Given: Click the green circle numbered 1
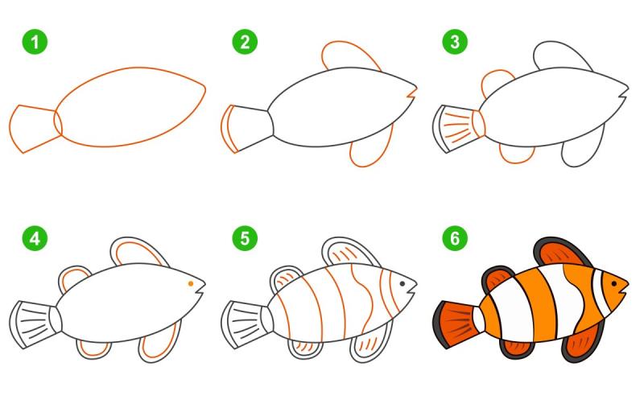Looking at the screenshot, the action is pyautogui.click(x=35, y=42).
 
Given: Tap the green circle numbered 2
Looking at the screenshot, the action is pyautogui.click(x=245, y=42).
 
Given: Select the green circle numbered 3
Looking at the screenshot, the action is pyautogui.click(x=455, y=42).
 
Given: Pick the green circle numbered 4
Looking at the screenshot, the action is pyautogui.click(x=35, y=238).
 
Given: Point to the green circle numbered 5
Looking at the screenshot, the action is pyautogui.click(x=245, y=238).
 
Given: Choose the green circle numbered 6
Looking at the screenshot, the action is pyautogui.click(x=455, y=238).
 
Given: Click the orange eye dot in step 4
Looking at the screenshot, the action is pyautogui.click(x=191, y=283).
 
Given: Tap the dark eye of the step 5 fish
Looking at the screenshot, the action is pyautogui.click(x=402, y=283).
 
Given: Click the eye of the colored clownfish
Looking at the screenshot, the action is pyautogui.click(x=613, y=283).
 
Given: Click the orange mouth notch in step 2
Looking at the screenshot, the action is pyautogui.click(x=412, y=93).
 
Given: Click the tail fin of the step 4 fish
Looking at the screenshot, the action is pyautogui.click(x=35, y=324).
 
